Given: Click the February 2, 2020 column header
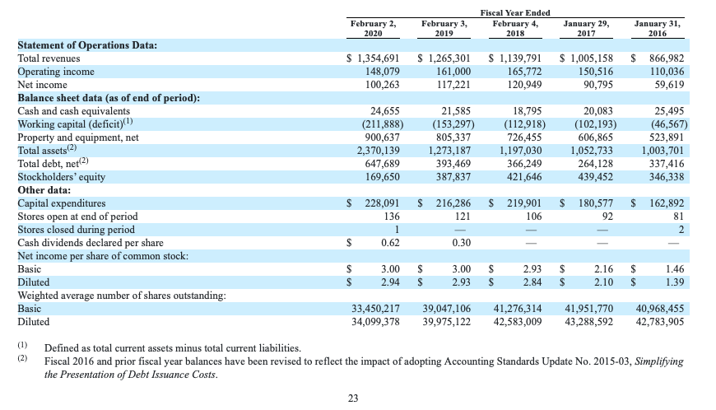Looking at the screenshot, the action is (373, 28).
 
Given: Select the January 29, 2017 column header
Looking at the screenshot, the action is (586, 28).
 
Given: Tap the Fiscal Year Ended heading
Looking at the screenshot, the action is (515, 13).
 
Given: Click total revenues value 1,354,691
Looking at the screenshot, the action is (379, 58).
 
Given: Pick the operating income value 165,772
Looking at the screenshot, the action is (525, 72).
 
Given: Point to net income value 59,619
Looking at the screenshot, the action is (669, 85).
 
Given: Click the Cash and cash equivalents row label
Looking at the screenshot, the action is (73, 111).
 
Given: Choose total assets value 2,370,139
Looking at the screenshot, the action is (378, 151).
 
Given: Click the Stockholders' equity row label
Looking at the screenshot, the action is (61, 177).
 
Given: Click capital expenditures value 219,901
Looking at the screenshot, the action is (524, 203).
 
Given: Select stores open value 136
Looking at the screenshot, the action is (392, 217).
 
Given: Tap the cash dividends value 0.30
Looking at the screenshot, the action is (461, 243).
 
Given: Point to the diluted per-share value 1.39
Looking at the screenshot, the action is (675, 282).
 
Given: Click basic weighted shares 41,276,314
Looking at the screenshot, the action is (518, 309).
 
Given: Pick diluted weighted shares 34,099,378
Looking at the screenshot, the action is (375, 322).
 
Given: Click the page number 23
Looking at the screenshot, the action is (353, 398).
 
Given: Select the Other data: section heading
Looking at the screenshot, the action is (44, 190).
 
